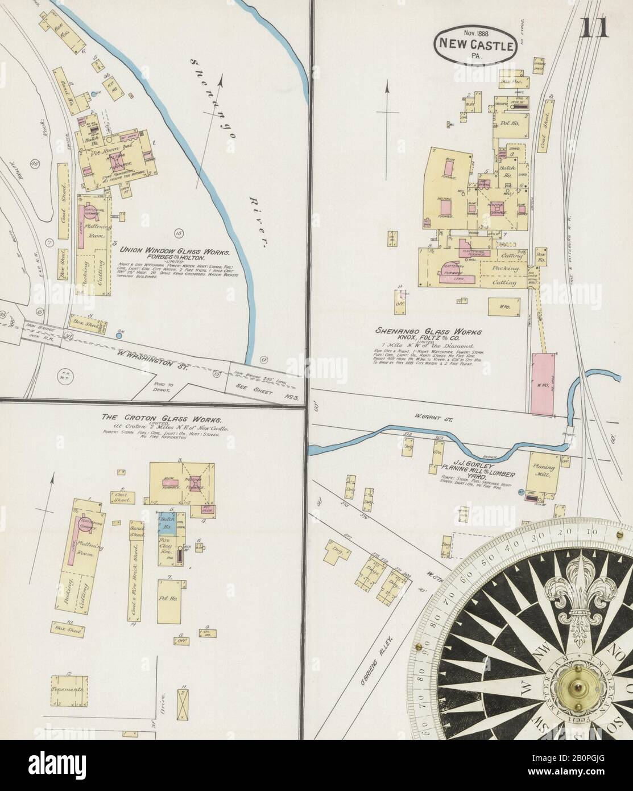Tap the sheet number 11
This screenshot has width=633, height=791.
[595, 27]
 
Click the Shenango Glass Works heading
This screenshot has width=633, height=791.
[429, 331]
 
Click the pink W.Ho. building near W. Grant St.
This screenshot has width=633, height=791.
[543, 382]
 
